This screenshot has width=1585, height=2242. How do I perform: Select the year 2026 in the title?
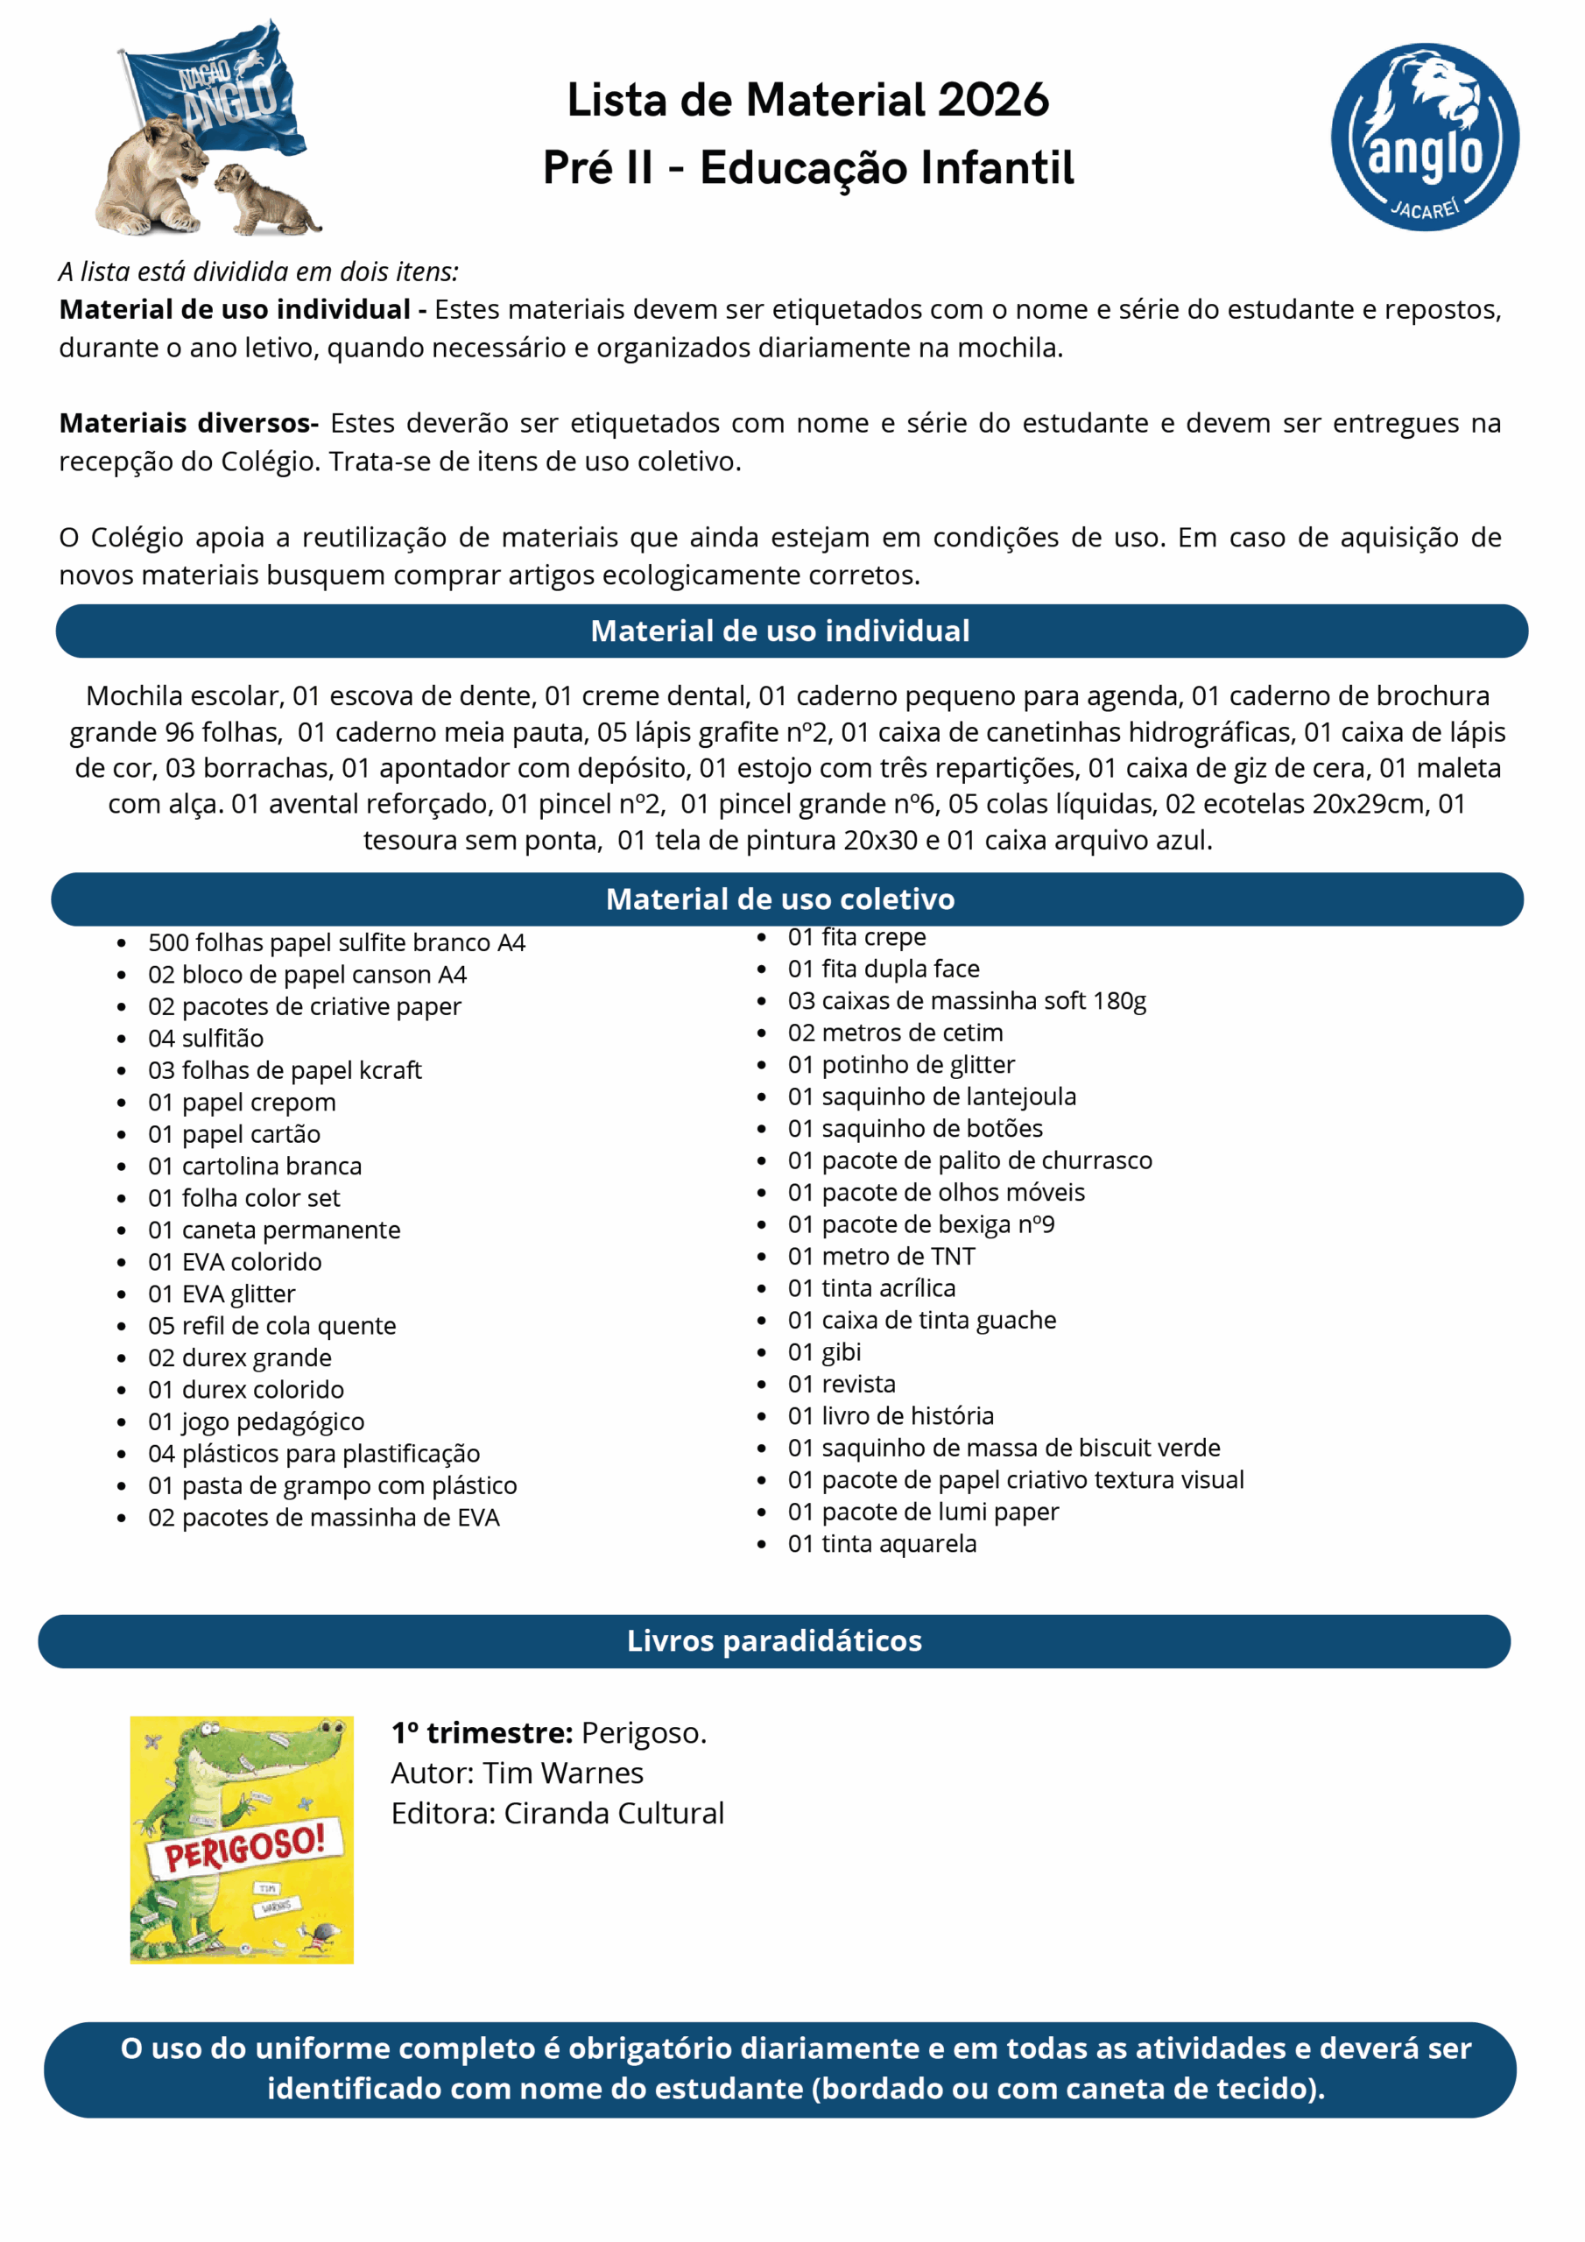[993, 100]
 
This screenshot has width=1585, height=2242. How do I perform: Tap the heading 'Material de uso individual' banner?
[780, 631]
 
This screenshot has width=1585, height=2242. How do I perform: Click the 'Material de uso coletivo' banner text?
[780, 899]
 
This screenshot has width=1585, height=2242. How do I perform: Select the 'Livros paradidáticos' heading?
[774, 1640]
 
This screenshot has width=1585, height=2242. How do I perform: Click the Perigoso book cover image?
[243, 1840]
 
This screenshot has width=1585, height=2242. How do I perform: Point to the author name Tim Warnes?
[562, 1773]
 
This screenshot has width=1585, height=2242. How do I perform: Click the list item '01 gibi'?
[824, 1351]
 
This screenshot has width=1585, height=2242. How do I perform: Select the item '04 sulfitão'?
[206, 1038]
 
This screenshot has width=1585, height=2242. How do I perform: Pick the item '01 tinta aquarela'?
[882, 1543]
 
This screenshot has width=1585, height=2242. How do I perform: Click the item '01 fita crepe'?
[856, 936]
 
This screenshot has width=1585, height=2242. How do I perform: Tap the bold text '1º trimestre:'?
[482, 1732]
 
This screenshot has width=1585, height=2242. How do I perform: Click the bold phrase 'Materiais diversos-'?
[188, 423]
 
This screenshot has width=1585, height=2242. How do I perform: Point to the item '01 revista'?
[842, 1384]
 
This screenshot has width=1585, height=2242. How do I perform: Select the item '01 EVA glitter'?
[222, 1294]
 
